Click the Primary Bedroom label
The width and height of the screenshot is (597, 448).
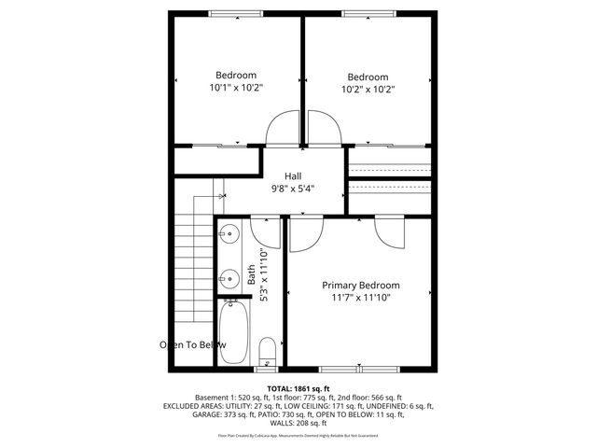360,285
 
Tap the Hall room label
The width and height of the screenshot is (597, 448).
293,175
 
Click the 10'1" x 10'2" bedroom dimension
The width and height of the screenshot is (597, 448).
236,88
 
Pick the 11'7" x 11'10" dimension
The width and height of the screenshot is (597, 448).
360,298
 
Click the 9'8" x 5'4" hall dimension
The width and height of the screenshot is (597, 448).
293,188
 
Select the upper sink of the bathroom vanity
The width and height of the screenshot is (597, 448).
229,234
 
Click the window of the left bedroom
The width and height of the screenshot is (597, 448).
235,12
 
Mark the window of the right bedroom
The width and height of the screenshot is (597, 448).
368,12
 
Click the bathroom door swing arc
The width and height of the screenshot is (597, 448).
266,228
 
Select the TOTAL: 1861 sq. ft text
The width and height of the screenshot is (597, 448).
298,387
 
